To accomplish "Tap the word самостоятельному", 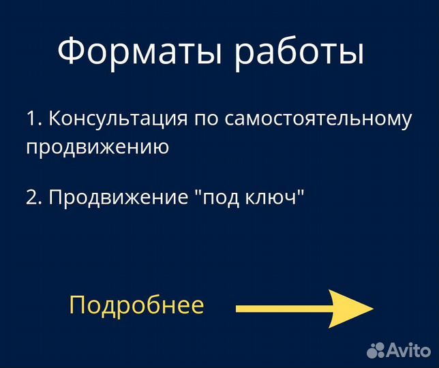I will coord(319,120).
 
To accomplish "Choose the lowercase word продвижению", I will coord(97,147).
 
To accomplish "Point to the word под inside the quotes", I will coord(222,198).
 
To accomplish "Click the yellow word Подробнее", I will coord(136,305).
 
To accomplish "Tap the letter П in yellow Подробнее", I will coord(76,305).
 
